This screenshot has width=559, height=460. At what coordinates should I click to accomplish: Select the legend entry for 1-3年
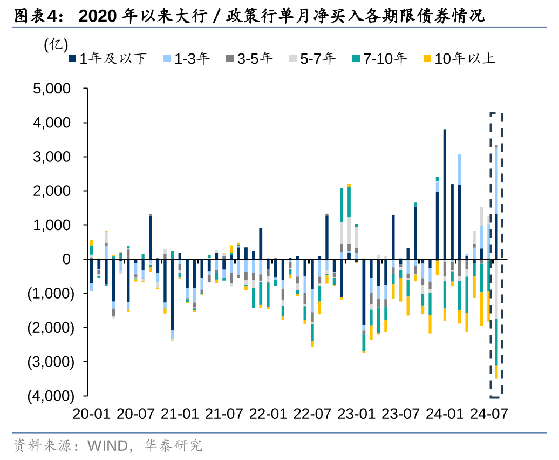(189, 59)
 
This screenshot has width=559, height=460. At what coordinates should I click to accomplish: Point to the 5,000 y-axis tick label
(52, 89)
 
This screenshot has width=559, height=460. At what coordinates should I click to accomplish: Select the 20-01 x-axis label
(91, 414)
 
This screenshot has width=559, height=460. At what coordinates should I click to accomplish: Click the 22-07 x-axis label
(312, 414)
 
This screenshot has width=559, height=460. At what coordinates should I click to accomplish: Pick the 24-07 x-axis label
(489, 414)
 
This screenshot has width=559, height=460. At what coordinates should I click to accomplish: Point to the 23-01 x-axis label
(356, 414)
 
